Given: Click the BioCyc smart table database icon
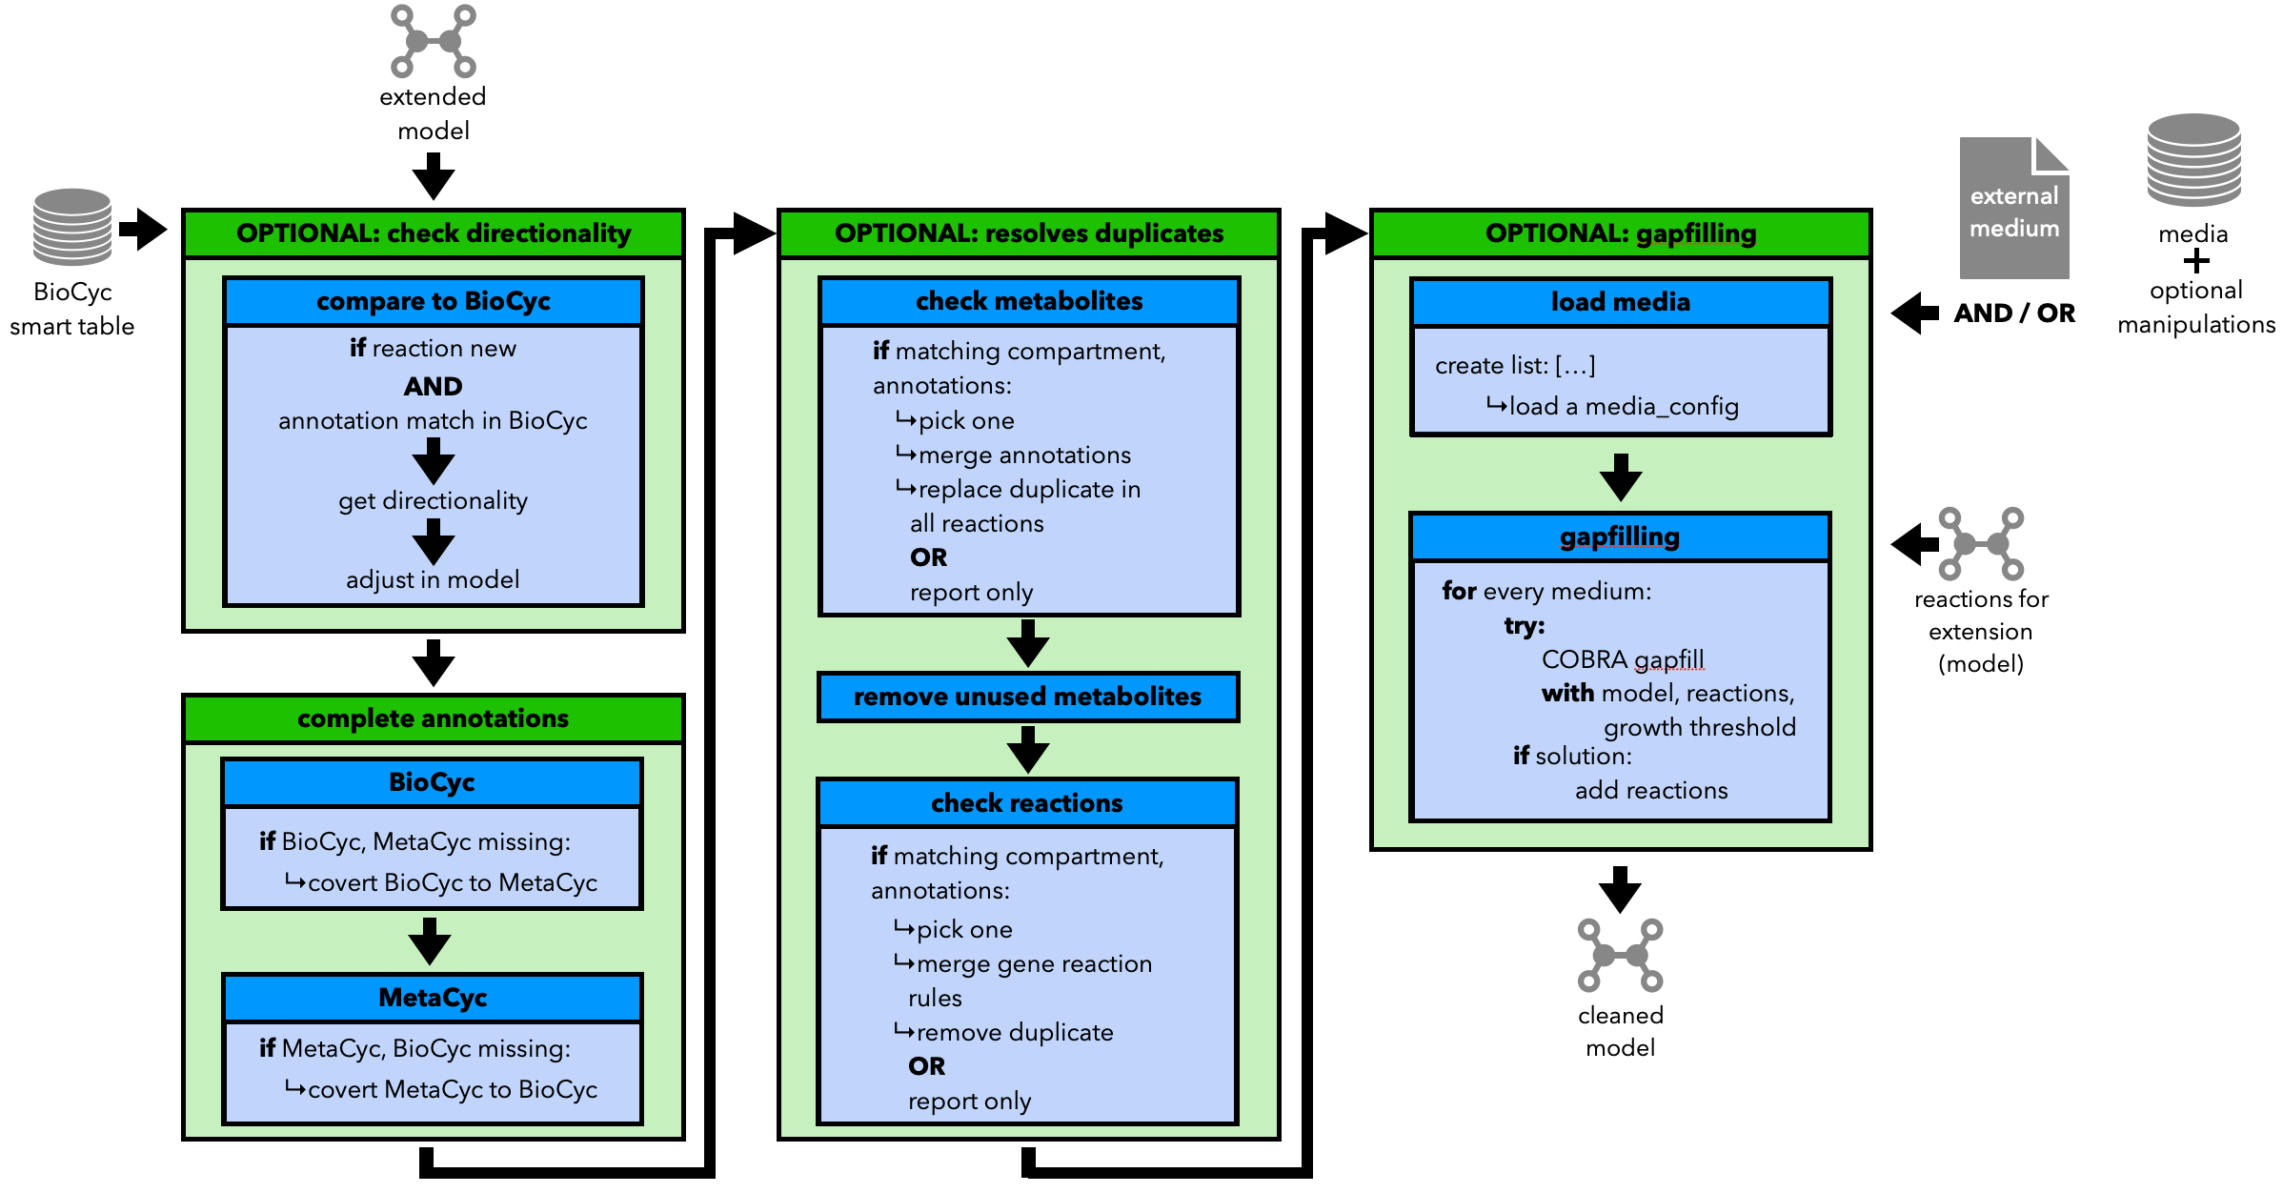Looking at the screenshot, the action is click(x=72, y=227).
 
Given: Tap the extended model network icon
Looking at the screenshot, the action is click(x=434, y=41).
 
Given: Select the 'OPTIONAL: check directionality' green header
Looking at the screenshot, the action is click(x=434, y=233).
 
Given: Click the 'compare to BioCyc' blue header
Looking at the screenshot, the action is click(x=434, y=301).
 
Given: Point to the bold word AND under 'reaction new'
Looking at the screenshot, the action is click(x=434, y=386).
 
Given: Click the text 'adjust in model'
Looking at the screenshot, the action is click(x=434, y=579).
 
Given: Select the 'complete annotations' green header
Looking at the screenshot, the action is click(x=434, y=718).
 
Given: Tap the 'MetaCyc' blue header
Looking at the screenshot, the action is click(x=434, y=998).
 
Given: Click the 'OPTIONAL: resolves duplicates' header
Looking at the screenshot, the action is click(x=1029, y=233).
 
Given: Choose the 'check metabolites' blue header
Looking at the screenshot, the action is click(x=1029, y=301).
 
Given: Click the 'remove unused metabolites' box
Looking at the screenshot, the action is click(x=1028, y=697).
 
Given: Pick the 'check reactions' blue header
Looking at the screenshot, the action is click(x=1027, y=803).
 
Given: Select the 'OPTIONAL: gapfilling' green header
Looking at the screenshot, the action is click(x=1621, y=233).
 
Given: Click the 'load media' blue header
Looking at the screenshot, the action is click(x=1621, y=302).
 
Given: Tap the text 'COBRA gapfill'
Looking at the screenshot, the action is click(x=1623, y=659).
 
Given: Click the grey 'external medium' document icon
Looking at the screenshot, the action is click(x=2014, y=208).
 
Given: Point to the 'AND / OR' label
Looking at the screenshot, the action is click(x=2014, y=313).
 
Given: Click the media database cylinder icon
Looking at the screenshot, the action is click(x=2193, y=160).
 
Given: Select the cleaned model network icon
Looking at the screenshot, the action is click(x=1620, y=955).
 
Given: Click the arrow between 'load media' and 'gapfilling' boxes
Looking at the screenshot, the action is click(x=1620, y=477).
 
